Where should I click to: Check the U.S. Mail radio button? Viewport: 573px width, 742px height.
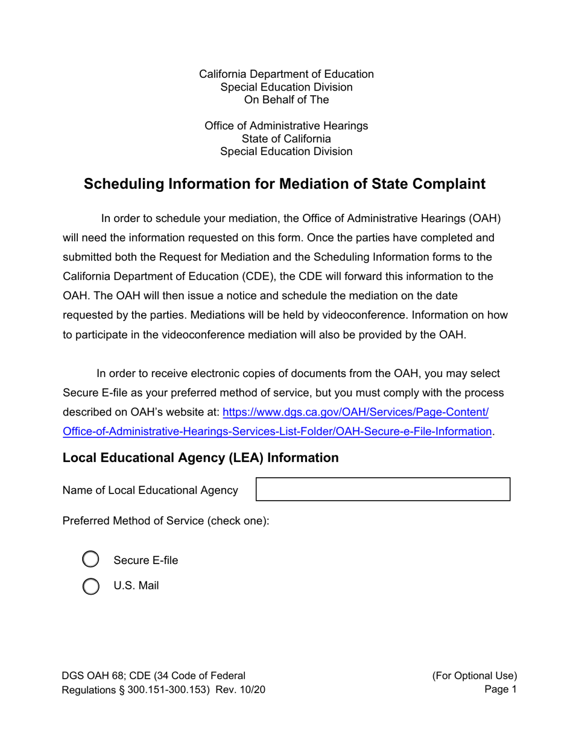tap(90, 586)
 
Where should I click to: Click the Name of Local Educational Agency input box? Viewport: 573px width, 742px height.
tap(384, 489)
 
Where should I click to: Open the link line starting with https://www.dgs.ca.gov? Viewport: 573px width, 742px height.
tap(356, 413)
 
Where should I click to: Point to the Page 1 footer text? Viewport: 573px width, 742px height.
tap(501, 690)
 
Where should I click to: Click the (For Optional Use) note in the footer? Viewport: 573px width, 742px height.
tap(474, 676)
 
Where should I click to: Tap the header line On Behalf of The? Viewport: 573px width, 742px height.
tap(286, 100)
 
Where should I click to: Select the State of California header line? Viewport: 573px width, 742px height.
tap(286, 139)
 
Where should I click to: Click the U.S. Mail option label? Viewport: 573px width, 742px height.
tap(136, 585)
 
